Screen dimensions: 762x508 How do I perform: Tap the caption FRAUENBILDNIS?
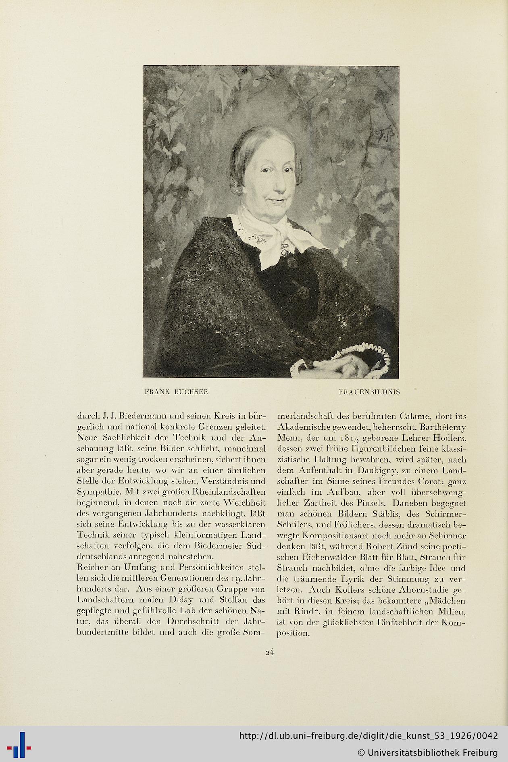pyautogui.click(x=369, y=392)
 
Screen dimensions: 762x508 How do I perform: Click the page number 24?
pyautogui.click(x=270, y=652)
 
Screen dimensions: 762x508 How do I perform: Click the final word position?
pyautogui.click(x=293, y=633)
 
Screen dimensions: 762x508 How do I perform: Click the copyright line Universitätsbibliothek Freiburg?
pyautogui.click(x=427, y=752)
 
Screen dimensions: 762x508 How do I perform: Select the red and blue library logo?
pyautogui.click(x=19, y=744)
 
